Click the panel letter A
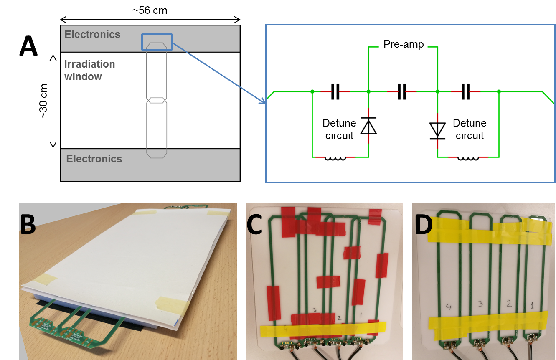pyautogui.click(x=28, y=46)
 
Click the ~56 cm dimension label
pyautogui.click(x=150, y=10)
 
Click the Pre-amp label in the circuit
pyautogui.click(x=403, y=44)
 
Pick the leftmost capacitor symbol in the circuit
pyautogui.click(x=335, y=91)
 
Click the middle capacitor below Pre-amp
pyautogui.click(x=402, y=91)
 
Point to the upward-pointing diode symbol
pyautogui.click(x=368, y=126)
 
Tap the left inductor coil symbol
pyautogui.click(x=335, y=158)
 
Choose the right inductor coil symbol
pyautogui.click(x=468, y=158)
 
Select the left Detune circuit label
pyautogui.click(x=339, y=129)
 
